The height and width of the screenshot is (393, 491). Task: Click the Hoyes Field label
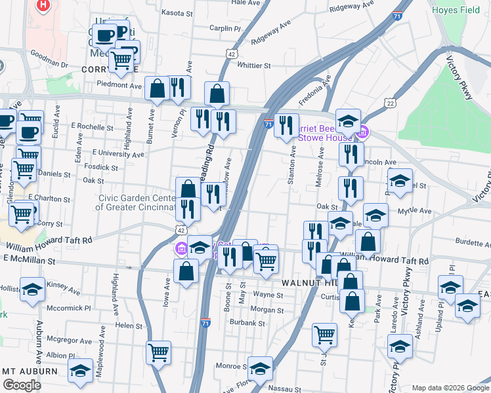(456, 10)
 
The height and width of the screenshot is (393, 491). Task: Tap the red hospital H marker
(43, 6)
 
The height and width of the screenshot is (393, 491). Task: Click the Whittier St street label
(253, 65)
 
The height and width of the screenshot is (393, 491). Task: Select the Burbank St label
(247, 323)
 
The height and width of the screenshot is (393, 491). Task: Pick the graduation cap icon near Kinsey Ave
(32, 289)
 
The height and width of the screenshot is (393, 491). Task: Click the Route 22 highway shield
(391, 103)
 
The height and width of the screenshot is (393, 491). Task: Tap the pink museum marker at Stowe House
(363, 134)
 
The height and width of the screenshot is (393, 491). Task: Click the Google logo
(22, 384)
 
